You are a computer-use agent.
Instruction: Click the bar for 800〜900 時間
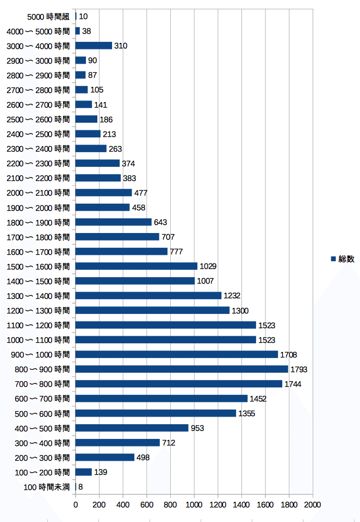pyautogui.click(x=182, y=369)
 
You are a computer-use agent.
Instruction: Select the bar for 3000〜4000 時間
pyautogui.click(x=94, y=46)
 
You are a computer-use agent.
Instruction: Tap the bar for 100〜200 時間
pyautogui.click(x=84, y=472)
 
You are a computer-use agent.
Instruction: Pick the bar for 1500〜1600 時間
pyautogui.click(x=136, y=266)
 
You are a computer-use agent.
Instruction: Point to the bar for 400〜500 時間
pyautogui.click(x=132, y=428)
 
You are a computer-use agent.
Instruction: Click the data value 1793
pyautogui.click(x=299, y=369)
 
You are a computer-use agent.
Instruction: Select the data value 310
pyautogui.click(x=121, y=46)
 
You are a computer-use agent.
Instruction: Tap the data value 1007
pyautogui.click(x=205, y=281)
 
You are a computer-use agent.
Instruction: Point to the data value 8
pyautogui.click(x=80, y=487)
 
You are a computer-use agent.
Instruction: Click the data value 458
pyautogui.click(x=138, y=207)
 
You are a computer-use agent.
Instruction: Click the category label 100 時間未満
pyautogui.click(x=47, y=487)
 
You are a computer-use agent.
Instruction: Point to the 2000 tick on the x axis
pyautogui.click(x=313, y=505)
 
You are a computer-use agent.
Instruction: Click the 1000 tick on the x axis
pyautogui.click(x=194, y=505)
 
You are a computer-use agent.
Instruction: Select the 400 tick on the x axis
pyautogui.click(x=123, y=505)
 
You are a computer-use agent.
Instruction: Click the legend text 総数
pyautogui.click(x=346, y=259)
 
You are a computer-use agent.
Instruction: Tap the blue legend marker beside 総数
pyautogui.click(x=333, y=259)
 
